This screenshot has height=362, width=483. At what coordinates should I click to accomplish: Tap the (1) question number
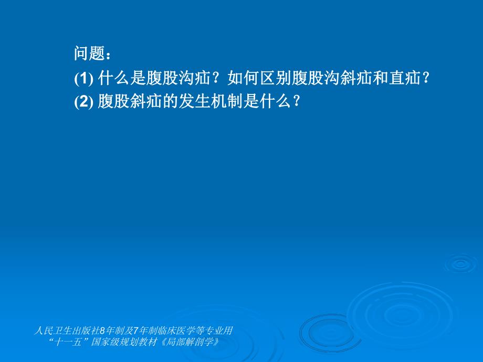coord(83,79)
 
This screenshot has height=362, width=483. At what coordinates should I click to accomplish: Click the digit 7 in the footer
coord(136,331)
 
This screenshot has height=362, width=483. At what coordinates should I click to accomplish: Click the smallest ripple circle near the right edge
coord(460,263)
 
